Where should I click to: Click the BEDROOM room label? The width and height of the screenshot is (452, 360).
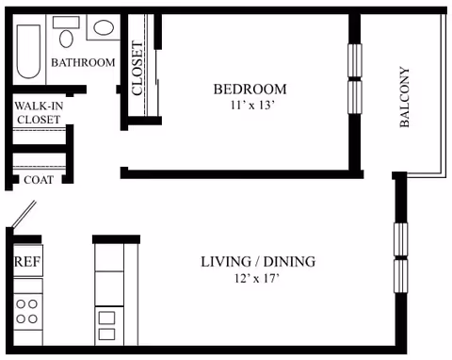click(x=250, y=90)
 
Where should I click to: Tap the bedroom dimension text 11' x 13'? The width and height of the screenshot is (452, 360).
click(x=252, y=106)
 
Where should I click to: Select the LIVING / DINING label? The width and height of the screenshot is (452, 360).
click(x=258, y=262)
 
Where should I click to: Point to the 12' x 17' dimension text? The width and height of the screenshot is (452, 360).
click(x=257, y=278)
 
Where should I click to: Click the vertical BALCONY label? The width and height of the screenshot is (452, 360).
click(x=405, y=97)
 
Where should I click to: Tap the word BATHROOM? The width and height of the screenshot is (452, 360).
click(x=83, y=62)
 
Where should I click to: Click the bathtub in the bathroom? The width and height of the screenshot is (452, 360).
click(x=28, y=52)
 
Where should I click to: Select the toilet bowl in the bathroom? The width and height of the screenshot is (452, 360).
click(x=66, y=39)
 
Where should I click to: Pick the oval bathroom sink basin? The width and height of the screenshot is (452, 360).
click(x=104, y=27)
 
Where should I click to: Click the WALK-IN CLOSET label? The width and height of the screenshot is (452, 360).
click(x=39, y=113)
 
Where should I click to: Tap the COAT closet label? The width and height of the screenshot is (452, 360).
click(x=39, y=180)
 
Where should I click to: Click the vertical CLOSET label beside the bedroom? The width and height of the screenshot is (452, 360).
click(x=137, y=68)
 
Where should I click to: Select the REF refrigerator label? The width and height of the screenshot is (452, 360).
click(x=27, y=261)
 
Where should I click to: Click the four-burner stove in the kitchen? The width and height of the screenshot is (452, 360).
click(x=27, y=312)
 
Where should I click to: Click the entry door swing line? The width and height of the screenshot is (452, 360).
click(x=24, y=214)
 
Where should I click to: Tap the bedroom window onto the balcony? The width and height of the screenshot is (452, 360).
click(x=355, y=78)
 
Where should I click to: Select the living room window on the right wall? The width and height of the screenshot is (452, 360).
click(x=401, y=257)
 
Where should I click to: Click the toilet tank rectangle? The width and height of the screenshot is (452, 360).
click(x=66, y=23)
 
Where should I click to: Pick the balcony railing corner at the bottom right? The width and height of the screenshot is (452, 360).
click(x=444, y=176)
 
